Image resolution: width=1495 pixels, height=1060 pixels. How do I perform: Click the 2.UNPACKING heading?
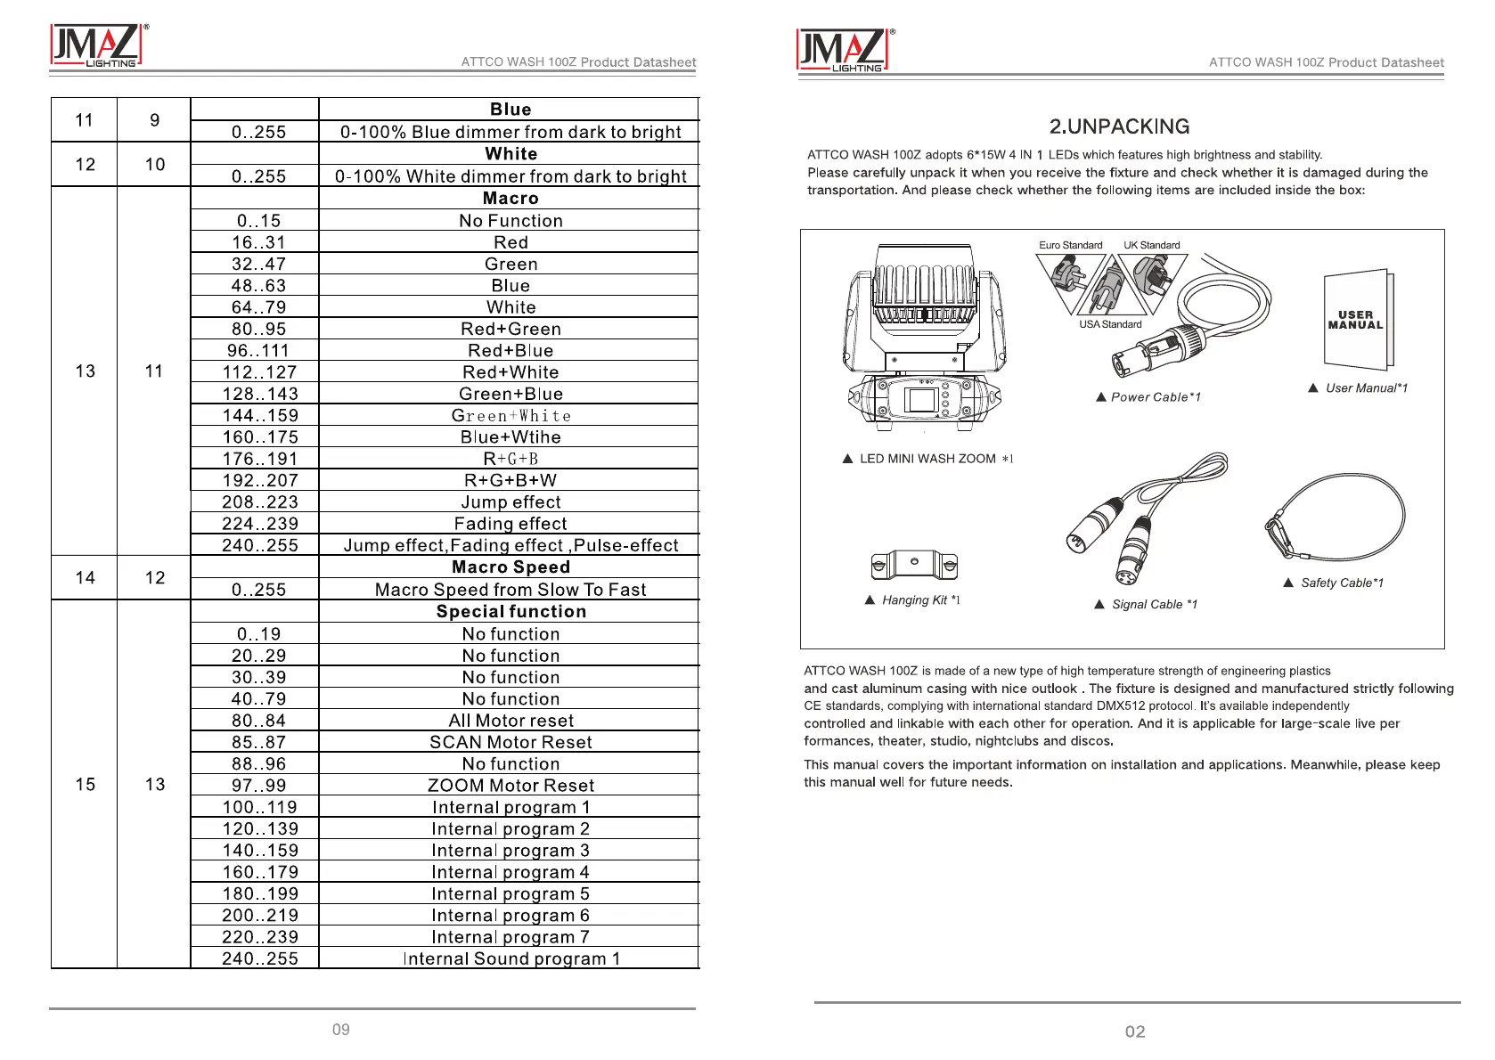point(1119,126)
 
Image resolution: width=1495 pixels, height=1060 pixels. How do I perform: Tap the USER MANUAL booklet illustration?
point(1357,320)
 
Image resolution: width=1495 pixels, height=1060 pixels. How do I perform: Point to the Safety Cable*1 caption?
point(1341,583)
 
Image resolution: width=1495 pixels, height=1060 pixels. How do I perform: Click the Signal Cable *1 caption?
point(1153,604)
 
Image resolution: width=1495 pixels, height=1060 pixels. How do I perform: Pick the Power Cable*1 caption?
point(1155,397)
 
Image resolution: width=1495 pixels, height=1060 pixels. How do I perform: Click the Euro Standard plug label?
point(1070,245)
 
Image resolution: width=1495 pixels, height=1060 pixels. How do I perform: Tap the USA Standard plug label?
point(1110,324)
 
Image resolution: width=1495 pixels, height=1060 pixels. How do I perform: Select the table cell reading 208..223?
point(259,502)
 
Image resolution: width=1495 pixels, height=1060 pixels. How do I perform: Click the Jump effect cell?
point(511,502)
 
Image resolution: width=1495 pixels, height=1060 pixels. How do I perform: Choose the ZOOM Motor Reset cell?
point(511,786)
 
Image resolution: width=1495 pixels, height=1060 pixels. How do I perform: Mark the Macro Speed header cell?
point(511,567)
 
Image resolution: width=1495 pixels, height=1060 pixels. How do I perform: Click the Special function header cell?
point(511,612)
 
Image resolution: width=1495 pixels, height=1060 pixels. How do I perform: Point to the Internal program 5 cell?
point(511,893)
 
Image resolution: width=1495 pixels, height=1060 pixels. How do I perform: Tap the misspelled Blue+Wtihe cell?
point(511,437)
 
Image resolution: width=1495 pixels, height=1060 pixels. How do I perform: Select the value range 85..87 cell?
point(259,742)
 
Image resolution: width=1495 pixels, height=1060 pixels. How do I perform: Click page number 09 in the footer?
point(341,1030)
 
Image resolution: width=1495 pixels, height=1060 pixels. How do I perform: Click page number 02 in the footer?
point(1135,1031)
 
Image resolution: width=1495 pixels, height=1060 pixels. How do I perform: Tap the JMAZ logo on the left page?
point(96,46)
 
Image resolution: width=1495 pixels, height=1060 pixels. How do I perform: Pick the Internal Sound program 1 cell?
point(511,958)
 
